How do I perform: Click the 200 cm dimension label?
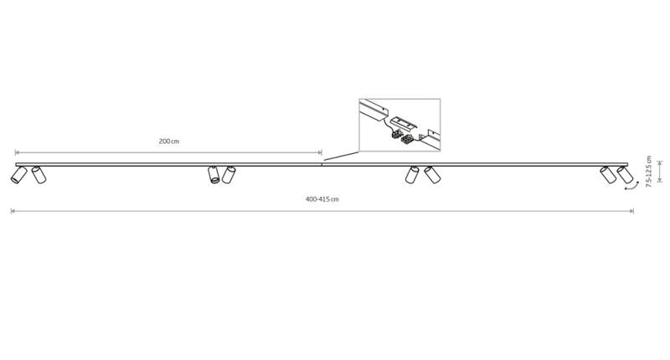click(169, 141)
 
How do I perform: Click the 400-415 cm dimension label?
click(322, 199)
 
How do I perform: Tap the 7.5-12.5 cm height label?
click(648, 172)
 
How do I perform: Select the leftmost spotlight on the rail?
click(18, 175)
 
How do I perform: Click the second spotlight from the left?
click(39, 175)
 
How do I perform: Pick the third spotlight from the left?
click(214, 175)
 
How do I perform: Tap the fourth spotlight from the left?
click(229, 175)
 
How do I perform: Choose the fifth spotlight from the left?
click(412, 175)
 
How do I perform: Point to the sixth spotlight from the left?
click(432, 175)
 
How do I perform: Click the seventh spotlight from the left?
click(608, 175)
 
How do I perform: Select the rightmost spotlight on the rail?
click(625, 175)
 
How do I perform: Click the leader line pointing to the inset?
click(341, 157)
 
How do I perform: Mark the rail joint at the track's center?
click(322, 164)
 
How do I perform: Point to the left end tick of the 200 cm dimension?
click(15, 152)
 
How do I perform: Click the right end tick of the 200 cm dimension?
click(322, 152)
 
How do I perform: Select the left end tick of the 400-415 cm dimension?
click(11, 211)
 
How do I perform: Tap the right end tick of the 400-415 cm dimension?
click(633, 211)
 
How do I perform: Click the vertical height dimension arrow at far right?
click(660, 172)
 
